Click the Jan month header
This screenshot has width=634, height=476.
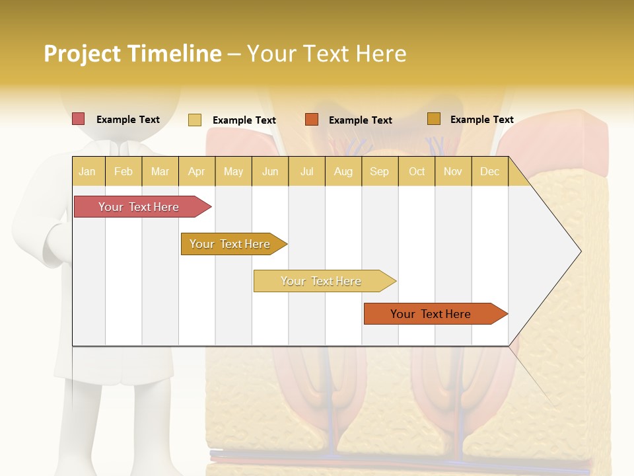point(88,171)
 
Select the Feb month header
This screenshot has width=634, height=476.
point(123,171)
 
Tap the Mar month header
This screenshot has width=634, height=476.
point(160,171)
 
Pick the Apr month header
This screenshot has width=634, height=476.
point(197,171)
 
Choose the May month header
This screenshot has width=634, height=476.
point(233,171)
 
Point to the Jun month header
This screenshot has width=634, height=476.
point(270,171)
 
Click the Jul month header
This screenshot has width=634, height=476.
point(306,171)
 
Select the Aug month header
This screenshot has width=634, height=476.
point(343,171)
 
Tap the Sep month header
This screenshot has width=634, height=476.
point(380,171)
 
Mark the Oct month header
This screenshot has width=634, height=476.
point(417,171)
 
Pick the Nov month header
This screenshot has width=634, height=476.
point(453,171)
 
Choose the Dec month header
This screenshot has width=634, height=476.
point(490,171)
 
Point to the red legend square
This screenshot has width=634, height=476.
point(79,119)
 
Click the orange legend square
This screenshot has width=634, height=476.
point(312,120)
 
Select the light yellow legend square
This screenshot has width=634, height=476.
point(195,120)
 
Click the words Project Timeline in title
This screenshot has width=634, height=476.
point(133,54)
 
